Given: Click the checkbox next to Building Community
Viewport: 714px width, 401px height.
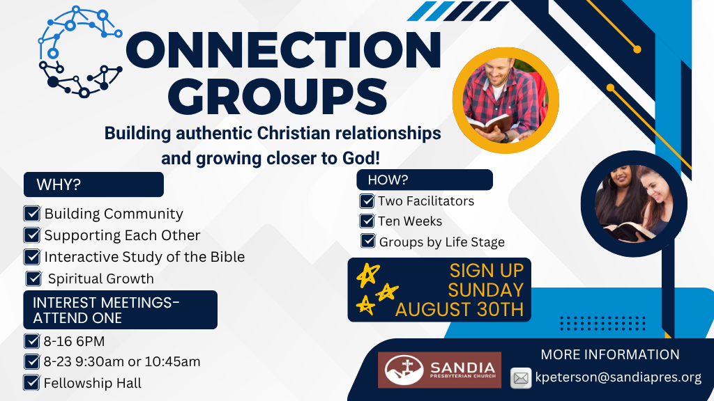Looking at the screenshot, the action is (x=32, y=213).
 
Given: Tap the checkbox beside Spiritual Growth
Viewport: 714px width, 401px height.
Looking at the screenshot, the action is (x=33, y=278).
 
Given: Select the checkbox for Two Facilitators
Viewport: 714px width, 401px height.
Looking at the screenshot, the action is (x=367, y=200).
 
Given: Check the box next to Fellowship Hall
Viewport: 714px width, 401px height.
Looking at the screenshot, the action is (x=31, y=382).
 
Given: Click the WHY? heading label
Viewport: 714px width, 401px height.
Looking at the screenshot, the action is (x=59, y=184).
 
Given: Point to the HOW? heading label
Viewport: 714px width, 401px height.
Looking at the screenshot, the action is (x=388, y=180).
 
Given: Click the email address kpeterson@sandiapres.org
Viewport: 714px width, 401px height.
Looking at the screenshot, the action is (x=618, y=377).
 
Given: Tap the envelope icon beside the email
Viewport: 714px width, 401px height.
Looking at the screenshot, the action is (x=521, y=378).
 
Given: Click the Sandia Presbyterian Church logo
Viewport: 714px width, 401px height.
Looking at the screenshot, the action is (x=439, y=370).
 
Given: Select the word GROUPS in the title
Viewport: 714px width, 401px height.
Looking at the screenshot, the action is (x=278, y=96).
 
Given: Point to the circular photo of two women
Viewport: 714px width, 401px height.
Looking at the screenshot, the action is (x=634, y=204).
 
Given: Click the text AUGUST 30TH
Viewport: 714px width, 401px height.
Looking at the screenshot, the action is (x=459, y=310).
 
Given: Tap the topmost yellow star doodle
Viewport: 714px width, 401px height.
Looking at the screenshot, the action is (x=368, y=274).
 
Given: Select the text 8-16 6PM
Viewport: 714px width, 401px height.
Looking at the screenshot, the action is (x=74, y=341).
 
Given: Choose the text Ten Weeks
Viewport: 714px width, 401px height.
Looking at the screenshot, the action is (x=410, y=221).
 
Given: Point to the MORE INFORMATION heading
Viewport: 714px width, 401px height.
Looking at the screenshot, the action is (x=610, y=354).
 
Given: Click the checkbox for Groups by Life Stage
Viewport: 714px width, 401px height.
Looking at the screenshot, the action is (x=368, y=240).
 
